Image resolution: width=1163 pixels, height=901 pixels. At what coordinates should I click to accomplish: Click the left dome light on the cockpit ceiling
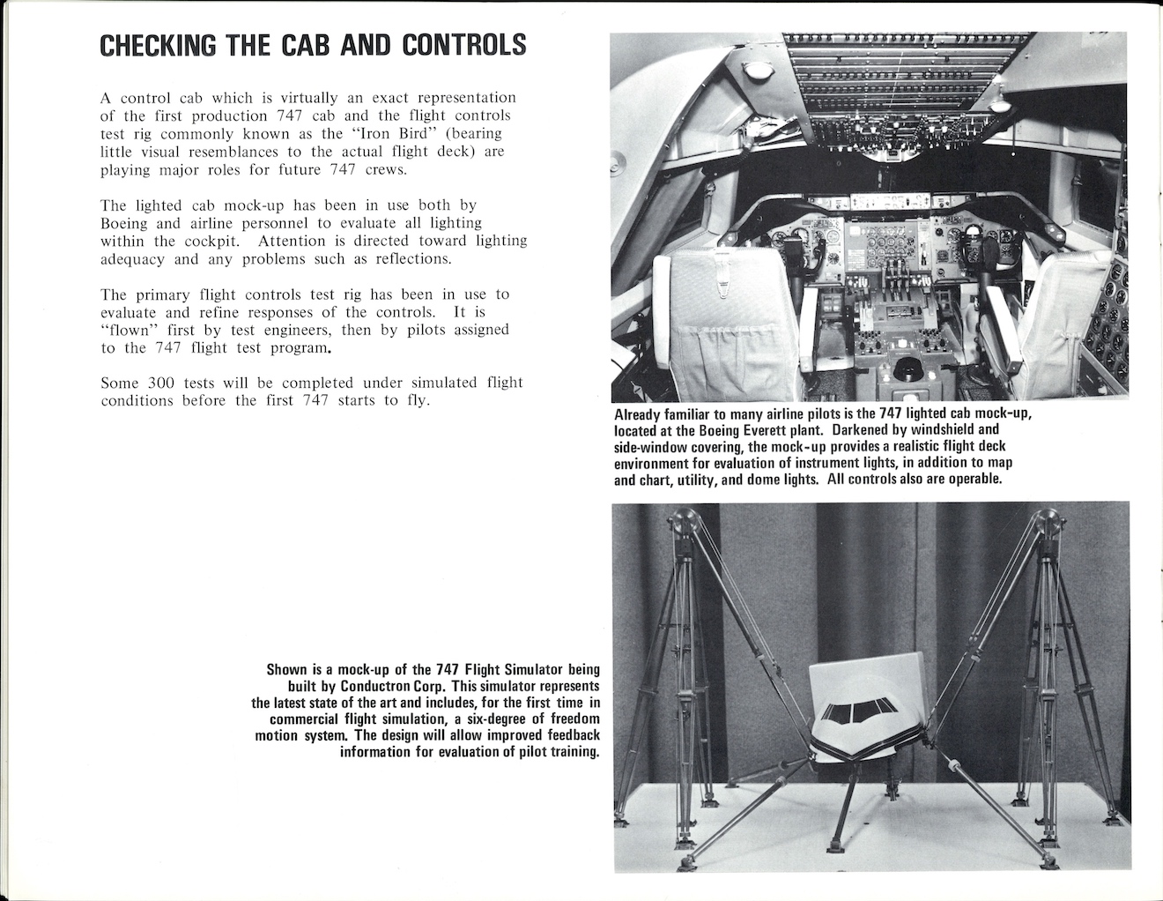754,70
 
